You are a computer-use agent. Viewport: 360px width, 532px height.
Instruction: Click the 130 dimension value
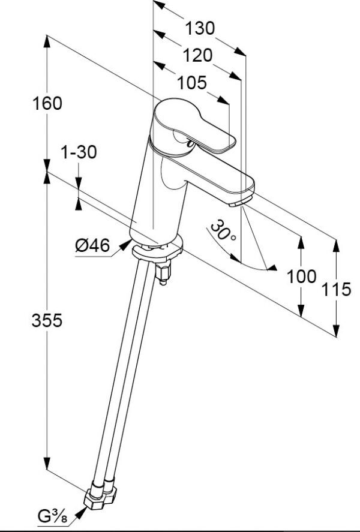tap(199, 28)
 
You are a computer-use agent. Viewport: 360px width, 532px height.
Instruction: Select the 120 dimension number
tap(197, 55)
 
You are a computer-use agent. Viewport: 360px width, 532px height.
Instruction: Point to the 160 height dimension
tap(47, 103)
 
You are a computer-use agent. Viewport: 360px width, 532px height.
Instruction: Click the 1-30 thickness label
tap(78, 152)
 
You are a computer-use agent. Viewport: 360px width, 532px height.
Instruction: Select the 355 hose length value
tap(46, 320)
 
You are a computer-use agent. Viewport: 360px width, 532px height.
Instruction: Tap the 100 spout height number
tap(301, 276)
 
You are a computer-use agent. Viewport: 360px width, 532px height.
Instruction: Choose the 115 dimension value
tap(335, 290)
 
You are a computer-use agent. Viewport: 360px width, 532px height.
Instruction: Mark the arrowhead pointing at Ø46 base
tap(125, 244)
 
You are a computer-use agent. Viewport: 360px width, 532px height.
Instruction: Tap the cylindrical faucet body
tap(157, 192)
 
